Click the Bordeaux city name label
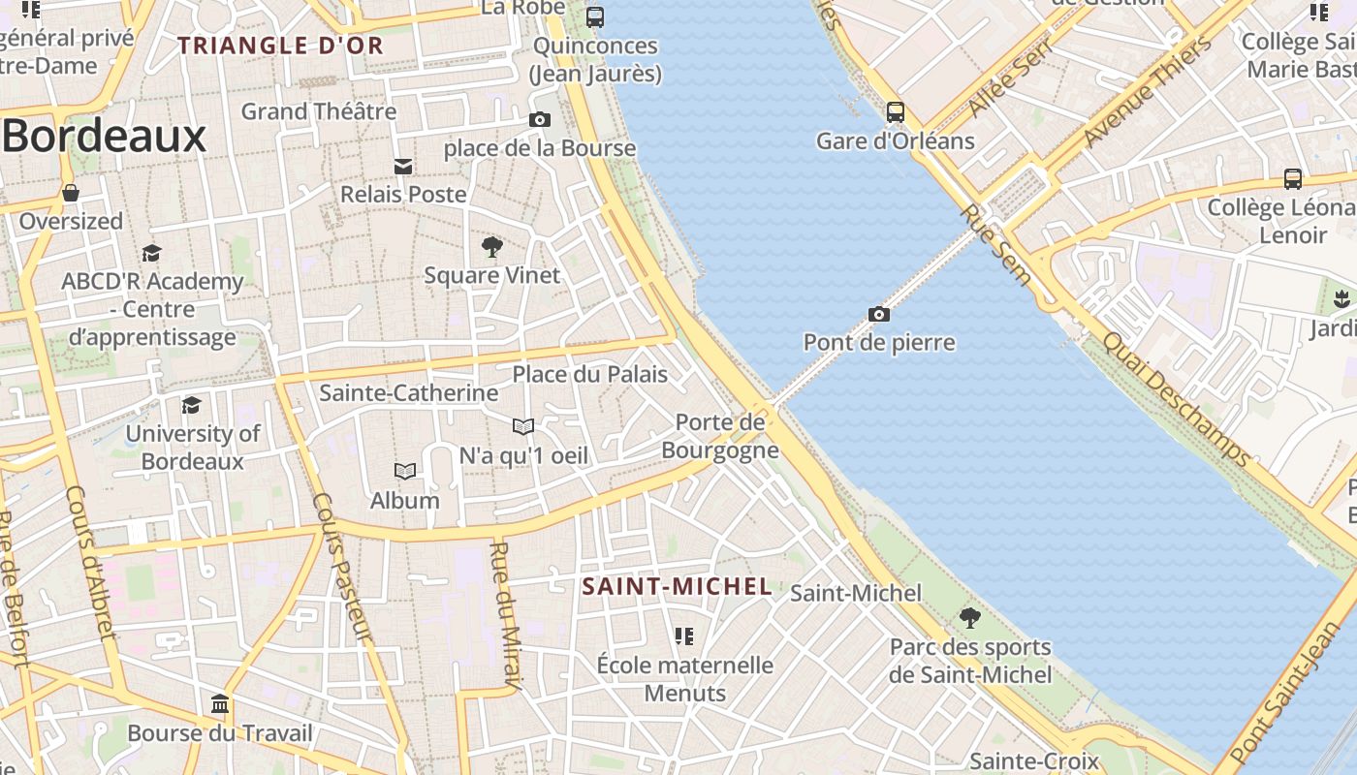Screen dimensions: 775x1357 [105, 137]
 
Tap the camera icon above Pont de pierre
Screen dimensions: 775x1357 [879, 314]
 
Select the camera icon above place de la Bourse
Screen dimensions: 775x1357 [540, 120]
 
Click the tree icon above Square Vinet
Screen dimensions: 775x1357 [492, 246]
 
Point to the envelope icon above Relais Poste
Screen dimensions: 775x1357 [403, 167]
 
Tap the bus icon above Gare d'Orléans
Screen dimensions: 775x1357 [896, 112]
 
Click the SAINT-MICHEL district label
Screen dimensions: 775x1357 [678, 586]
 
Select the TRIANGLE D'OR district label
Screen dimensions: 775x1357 [281, 46]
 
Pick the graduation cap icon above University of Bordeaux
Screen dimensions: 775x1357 [192, 405]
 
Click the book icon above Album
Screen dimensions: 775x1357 [405, 472]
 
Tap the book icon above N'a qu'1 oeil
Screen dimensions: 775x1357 [523, 426]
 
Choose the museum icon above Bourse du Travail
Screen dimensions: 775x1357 [220, 703]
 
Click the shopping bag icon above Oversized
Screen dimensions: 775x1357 [71, 193]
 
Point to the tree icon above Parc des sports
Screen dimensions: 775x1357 [969, 617]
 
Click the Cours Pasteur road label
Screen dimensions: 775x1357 [342, 567]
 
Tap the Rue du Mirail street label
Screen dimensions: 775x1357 [507, 615]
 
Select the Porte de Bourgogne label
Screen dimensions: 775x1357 [720, 436]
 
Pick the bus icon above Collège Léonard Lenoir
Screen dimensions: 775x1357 [1292, 179]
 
